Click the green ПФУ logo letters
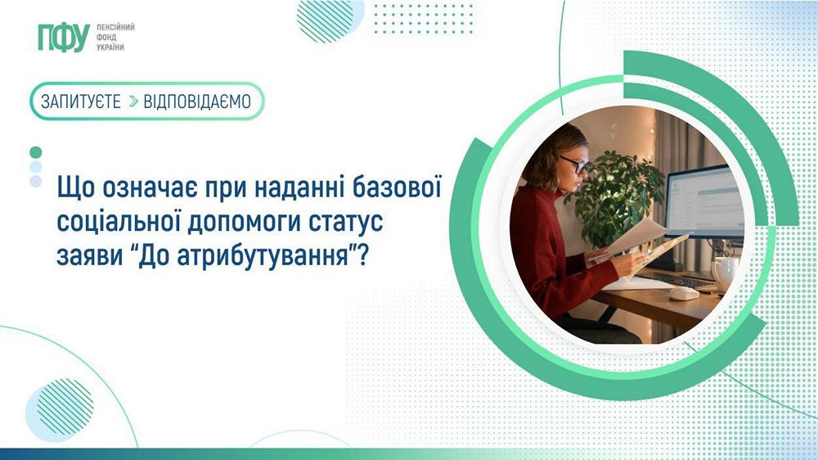[63, 38]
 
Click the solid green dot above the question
[35, 152]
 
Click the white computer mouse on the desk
[684, 292]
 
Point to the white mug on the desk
[723, 272]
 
